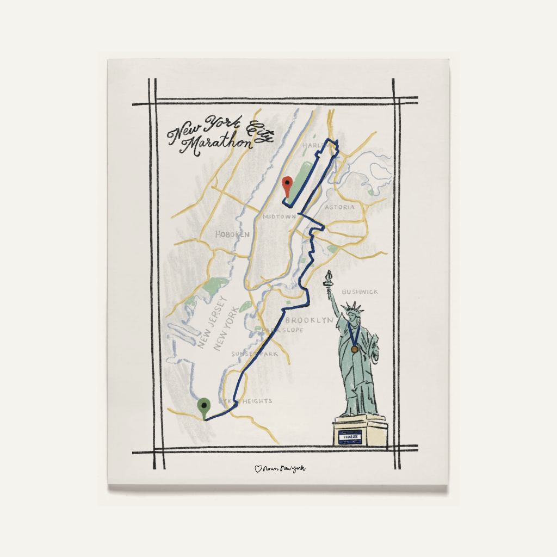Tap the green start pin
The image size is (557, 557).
[205, 406]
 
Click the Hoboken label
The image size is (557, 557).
[232, 234]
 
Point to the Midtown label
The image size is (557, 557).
[279, 216]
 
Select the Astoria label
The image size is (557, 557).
[339, 207]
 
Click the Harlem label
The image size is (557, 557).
[313, 146]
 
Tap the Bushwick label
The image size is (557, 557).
[360, 292]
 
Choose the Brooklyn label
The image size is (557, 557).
[309, 320]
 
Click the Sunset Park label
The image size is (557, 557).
[256, 354]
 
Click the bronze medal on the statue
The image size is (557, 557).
[354, 349]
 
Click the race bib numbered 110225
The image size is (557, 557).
[349, 436]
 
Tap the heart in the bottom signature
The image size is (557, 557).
[258, 468]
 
